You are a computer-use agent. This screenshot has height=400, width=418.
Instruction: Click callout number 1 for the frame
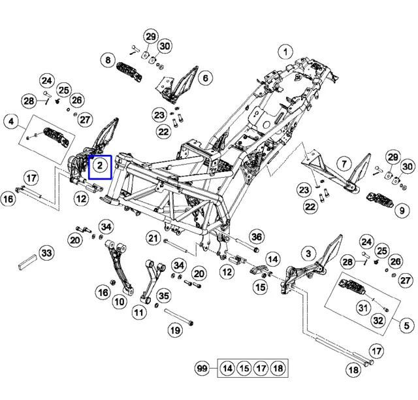coord(285,51)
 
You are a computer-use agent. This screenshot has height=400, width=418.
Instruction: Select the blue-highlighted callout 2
coord(101,166)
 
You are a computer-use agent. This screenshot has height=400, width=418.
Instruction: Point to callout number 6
coord(205,78)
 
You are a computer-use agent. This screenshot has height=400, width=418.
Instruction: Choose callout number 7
coord(344,163)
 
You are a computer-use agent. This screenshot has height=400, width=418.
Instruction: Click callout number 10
coord(119,302)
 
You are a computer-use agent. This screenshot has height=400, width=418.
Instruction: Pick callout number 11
coord(138,312)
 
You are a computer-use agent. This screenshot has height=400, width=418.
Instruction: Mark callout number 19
coord(176,331)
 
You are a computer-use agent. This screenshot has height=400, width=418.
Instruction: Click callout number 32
coord(378,320)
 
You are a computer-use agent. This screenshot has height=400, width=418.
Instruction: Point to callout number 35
coord(163,296)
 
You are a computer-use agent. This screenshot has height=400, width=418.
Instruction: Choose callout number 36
coord(257,237)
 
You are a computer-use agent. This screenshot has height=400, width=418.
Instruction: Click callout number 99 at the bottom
coord(202,369)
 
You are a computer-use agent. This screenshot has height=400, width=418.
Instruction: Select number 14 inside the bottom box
coord(227,369)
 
